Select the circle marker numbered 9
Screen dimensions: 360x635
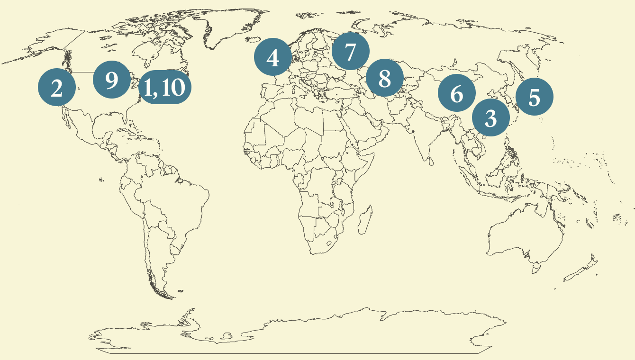click(112, 80)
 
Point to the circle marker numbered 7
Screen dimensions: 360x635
click(350, 52)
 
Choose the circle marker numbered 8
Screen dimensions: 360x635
click(385, 78)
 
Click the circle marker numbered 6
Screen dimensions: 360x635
click(456, 93)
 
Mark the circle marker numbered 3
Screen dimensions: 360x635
click(490, 117)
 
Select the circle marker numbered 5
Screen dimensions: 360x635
click(534, 97)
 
